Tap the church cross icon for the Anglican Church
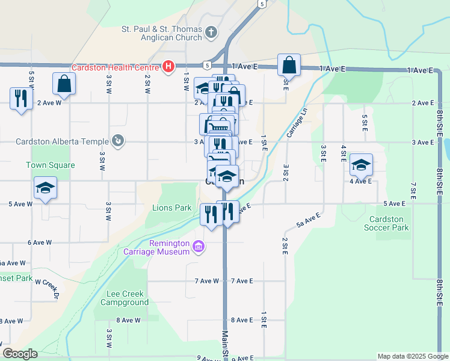211,32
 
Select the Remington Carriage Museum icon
199,246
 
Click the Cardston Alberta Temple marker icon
118,141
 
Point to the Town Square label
51,165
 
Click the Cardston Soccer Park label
386,223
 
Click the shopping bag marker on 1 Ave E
289,65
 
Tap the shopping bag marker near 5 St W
64,84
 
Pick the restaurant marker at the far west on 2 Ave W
21,99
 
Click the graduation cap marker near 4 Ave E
361,165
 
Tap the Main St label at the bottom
225,345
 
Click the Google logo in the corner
20,354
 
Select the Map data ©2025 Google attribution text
412,356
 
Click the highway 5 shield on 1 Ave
206,64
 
